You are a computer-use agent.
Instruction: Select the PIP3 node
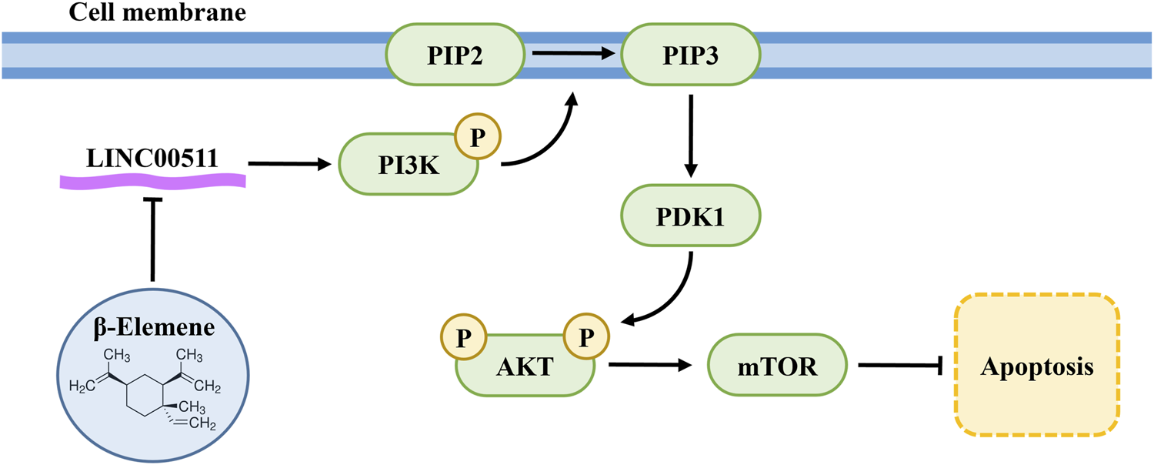click(691, 55)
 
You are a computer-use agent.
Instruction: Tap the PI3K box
click(408, 165)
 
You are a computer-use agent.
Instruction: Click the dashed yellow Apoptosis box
click(1036, 366)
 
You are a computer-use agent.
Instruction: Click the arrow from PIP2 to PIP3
click(574, 54)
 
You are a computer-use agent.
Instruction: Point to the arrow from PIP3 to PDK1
click(691, 135)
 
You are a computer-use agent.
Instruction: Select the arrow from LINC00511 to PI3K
click(292, 163)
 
